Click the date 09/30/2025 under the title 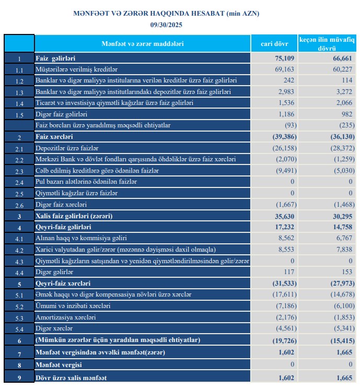click(x=166, y=25)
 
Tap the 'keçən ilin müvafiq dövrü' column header click(x=327, y=43)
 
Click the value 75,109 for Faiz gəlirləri click(x=285, y=58)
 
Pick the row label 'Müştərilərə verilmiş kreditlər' click(x=76, y=69)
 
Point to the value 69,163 click(x=285, y=69)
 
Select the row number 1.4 click(x=19, y=103)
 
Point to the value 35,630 click(x=285, y=216)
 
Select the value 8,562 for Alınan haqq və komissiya click(x=286, y=239)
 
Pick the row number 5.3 click(x=19, y=317)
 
